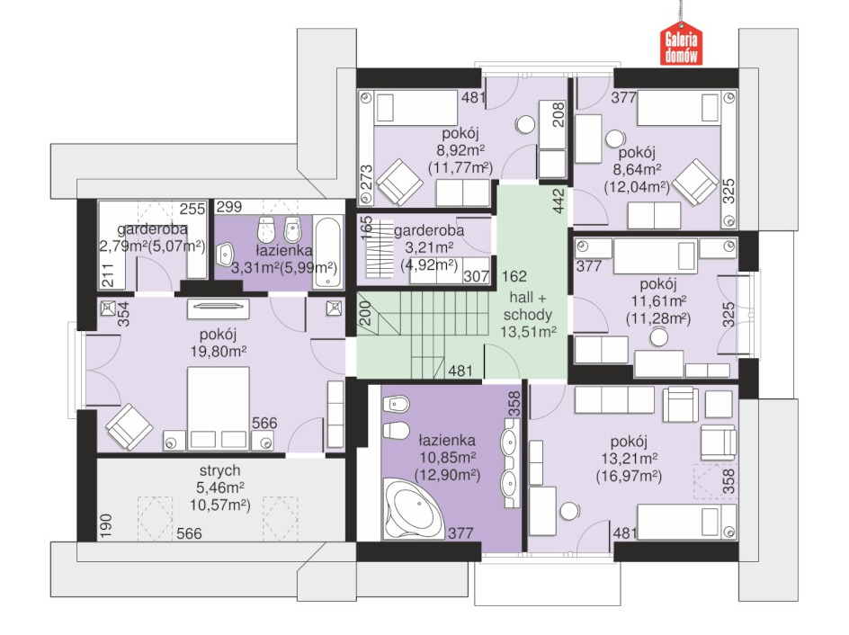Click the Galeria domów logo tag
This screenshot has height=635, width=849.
pos(681,44)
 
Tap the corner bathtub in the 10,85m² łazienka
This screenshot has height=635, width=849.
pos(413,508)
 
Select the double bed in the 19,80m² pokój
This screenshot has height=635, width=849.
pos(219,408)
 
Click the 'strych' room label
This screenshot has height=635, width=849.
pos(219,470)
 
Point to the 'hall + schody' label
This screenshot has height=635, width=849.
pos(527,306)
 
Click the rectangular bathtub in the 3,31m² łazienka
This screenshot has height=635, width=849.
pos(328,252)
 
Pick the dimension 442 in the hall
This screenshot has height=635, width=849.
pos(559,200)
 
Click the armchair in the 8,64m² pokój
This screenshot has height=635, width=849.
pos(695,182)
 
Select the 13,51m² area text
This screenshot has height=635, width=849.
pos(528,332)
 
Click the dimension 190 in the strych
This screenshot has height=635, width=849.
pos(105,526)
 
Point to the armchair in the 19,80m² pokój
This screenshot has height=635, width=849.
pos(130,426)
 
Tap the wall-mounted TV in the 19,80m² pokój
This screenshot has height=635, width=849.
pos(218,307)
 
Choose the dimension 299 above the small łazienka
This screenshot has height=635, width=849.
pos(229,207)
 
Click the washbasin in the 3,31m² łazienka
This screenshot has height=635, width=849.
pos(226,253)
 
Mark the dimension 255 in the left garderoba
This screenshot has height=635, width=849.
pos(192,209)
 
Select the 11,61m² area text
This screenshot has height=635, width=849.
pos(659,301)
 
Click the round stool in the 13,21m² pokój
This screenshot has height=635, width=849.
pos(569,511)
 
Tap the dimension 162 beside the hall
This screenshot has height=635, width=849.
pos(514,277)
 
